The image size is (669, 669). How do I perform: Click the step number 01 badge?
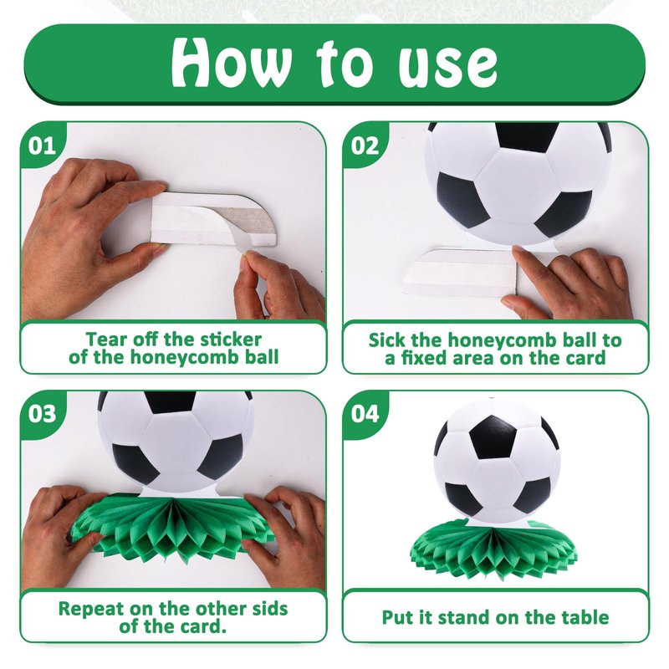click(x=43, y=146)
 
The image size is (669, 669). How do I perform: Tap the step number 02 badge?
click(x=365, y=146)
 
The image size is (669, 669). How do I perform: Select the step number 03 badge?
click(x=43, y=414)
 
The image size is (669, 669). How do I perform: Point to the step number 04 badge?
click(x=365, y=414)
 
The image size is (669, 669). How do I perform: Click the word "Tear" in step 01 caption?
click(x=106, y=340)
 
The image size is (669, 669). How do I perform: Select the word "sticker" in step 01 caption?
click(x=231, y=340)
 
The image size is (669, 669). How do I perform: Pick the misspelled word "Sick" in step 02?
click(x=387, y=340)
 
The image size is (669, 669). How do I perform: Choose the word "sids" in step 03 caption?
click(x=269, y=609)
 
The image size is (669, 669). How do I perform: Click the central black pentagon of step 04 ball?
click(x=492, y=437)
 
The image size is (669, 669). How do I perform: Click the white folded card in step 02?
click(x=461, y=273)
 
